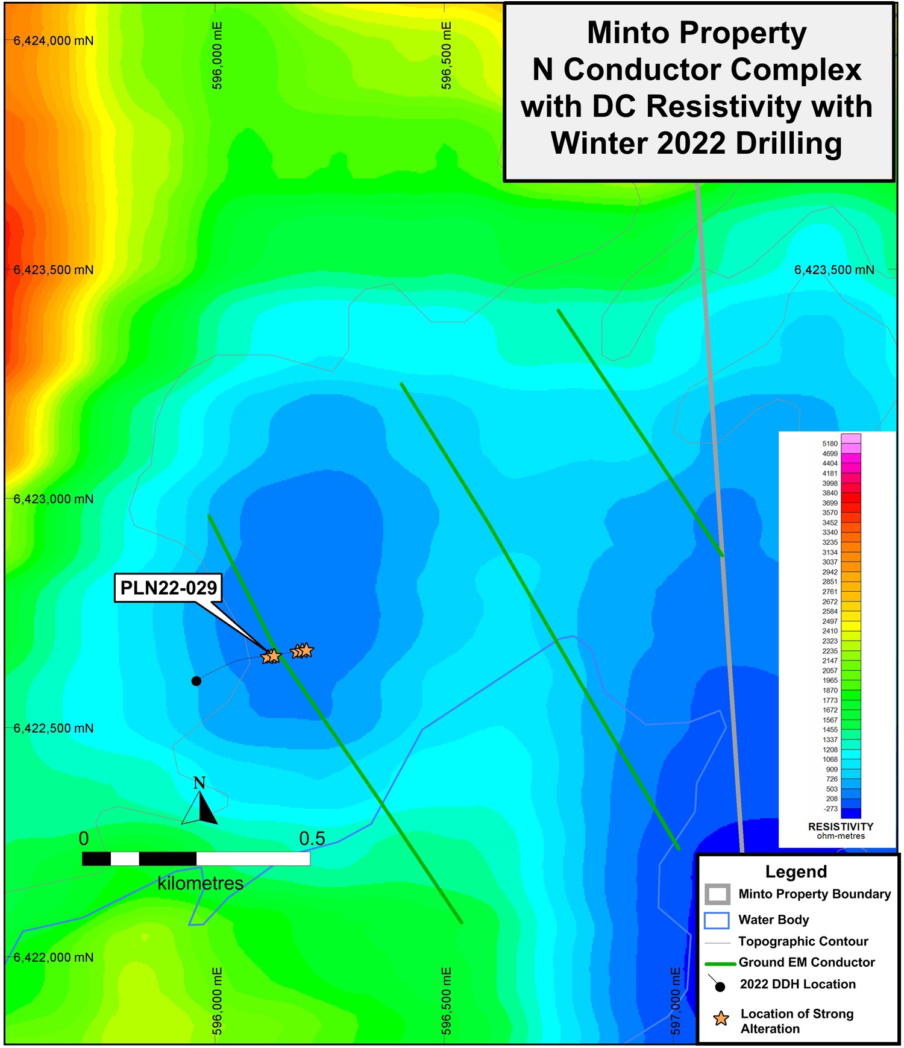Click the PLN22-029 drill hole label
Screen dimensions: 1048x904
point(168,588)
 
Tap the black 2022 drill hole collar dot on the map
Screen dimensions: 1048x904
point(196,681)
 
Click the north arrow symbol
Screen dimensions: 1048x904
point(199,804)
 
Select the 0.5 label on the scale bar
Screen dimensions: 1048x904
point(312,838)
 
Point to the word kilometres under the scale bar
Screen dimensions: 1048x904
point(201,883)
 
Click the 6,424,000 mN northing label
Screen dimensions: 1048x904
point(54,41)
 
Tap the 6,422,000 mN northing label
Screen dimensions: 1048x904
point(54,958)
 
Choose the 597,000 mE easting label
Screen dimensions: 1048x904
point(676,1001)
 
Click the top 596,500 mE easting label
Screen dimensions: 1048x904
point(447,55)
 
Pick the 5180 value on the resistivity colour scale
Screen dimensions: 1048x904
point(830,444)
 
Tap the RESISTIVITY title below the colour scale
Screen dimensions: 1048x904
point(840,827)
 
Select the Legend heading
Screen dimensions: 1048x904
point(796,871)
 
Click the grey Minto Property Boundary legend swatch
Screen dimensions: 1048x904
point(717,894)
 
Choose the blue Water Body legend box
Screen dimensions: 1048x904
point(717,920)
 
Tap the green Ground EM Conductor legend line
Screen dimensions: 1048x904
point(720,964)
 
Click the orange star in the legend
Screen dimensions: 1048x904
point(721,1018)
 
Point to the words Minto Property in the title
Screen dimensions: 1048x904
point(697,33)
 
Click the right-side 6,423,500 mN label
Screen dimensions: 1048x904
point(834,270)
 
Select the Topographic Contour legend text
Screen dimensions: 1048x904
point(803,941)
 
